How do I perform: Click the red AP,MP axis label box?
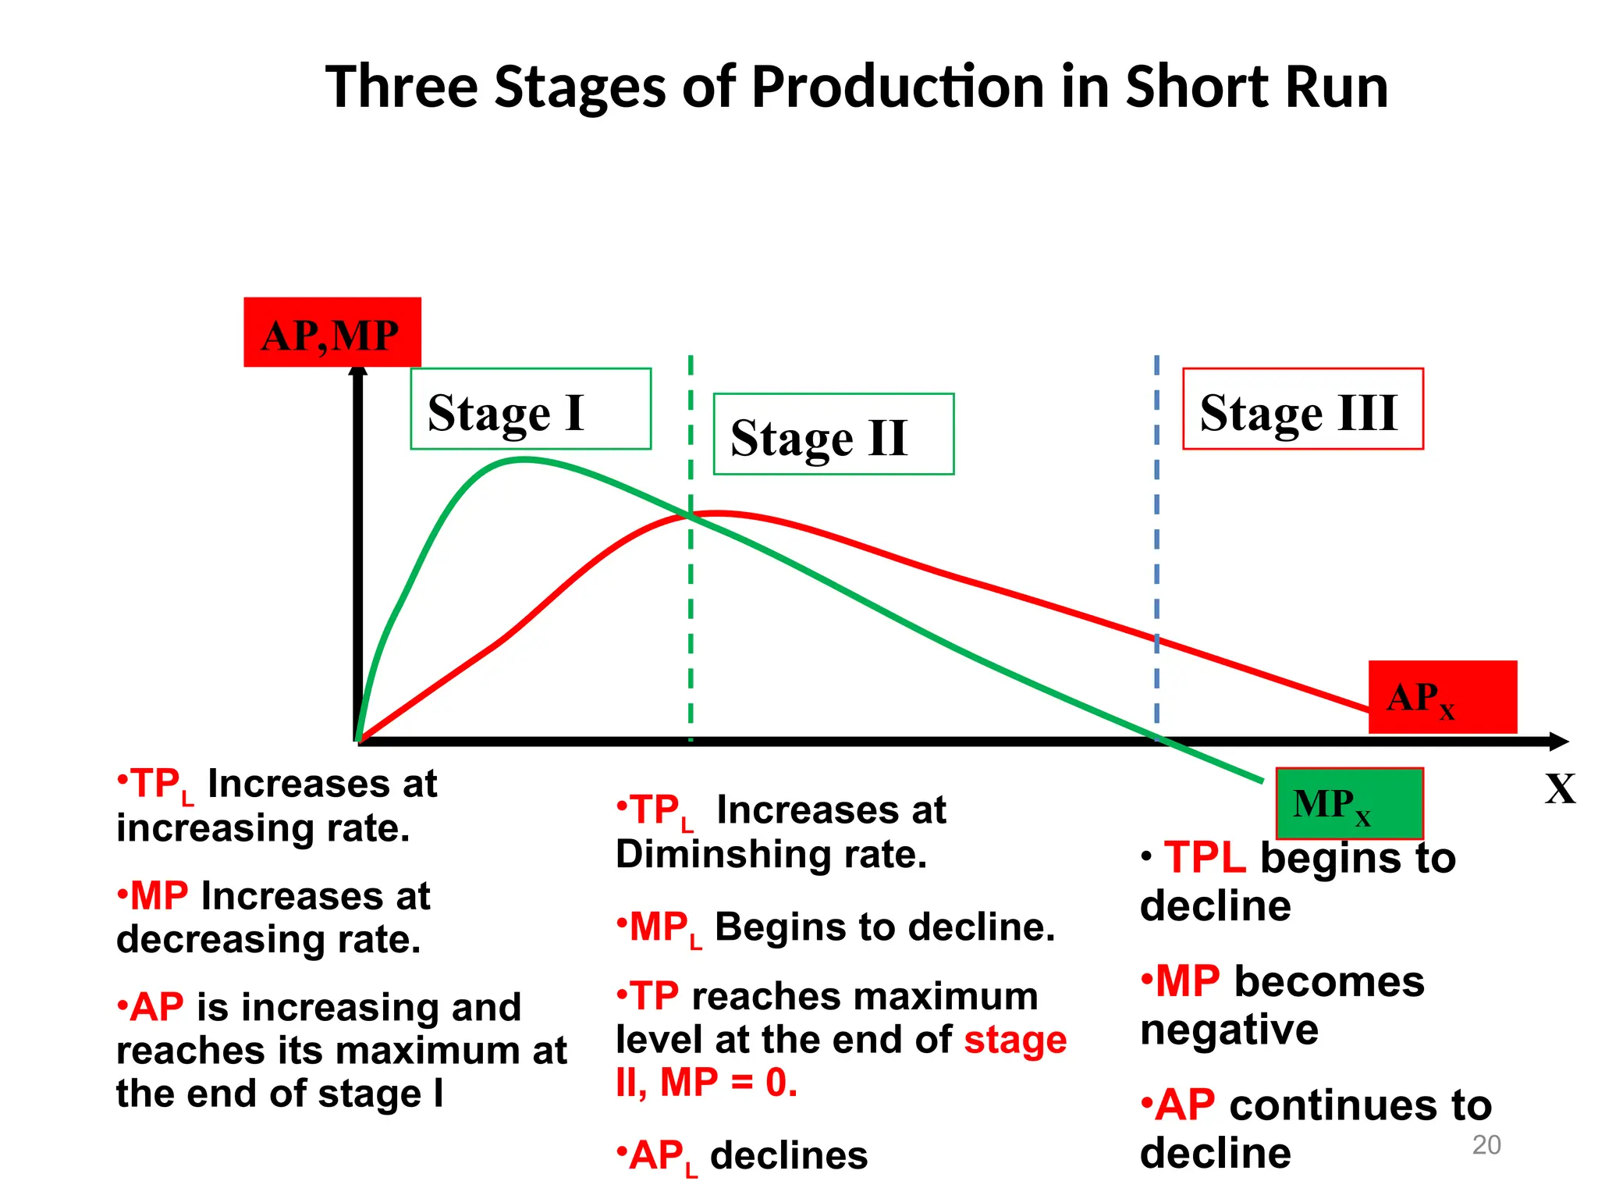click(x=332, y=333)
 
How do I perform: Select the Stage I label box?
click(x=531, y=409)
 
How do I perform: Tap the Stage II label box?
click(x=833, y=434)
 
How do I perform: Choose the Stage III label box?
click(x=1302, y=409)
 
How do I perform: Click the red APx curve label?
click(x=1442, y=697)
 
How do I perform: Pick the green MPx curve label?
click(x=1349, y=803)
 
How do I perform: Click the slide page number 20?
click(x=1486, y=1145)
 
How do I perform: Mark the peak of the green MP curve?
click(x=524, y=460)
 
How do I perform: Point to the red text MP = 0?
click(x=729, y=1083)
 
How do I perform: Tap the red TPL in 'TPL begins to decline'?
click(x=1205, y=858)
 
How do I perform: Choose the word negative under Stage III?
click(x=1229, y=1030)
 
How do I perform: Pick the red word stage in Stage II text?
click(x=1015, y=1040)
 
